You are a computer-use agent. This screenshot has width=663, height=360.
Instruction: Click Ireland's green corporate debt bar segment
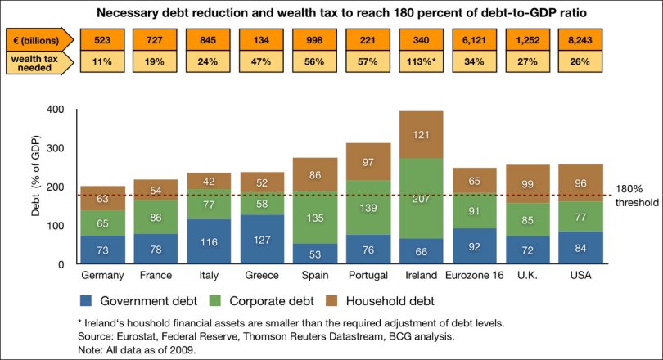(x=422, y=199)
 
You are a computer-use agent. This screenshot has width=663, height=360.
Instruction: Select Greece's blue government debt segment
(x=262, y=239)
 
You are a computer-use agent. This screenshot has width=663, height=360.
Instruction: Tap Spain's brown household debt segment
(x=315, y=174)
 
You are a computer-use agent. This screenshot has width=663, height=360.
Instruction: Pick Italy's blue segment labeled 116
(x=209, y=241)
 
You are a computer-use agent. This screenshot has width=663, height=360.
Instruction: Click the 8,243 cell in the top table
(x=580, y=40)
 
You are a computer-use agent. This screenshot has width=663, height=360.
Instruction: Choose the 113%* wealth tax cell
(x=422, y=61)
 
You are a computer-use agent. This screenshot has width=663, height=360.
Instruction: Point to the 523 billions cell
(x=102, y=40)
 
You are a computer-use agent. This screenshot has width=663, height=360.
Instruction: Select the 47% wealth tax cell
(x=261, y=61)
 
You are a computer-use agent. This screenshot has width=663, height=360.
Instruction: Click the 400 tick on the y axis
(x=56, y=110)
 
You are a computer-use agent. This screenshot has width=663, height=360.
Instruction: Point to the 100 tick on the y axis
(x=56, y=226)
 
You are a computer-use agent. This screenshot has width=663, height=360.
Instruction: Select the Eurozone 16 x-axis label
(x=475, y=276)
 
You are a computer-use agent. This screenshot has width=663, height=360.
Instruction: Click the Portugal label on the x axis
(x=368, y=276)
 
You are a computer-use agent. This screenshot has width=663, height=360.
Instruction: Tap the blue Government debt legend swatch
(x=86, y=300)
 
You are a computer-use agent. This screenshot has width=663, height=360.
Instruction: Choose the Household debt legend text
(x=390, y=301)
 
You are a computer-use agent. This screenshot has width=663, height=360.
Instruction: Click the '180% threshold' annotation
(x=637, y=196)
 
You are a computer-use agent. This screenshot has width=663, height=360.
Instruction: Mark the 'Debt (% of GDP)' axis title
(x=36, y=176)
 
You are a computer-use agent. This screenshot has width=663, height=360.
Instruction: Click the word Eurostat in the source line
(x=134, y=337)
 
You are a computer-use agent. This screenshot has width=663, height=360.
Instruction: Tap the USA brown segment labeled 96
(x=580, y=183)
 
